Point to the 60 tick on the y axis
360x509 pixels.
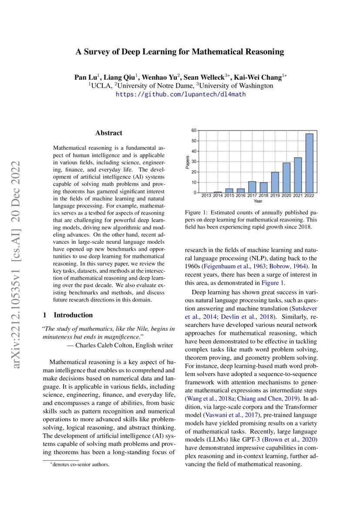tap(194, 131)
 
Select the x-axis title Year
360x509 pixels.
tap(258, 201)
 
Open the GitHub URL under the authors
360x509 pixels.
tap(180, 94)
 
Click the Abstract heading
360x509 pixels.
tap(109, 133)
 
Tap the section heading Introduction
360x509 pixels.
tap(73, 315)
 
